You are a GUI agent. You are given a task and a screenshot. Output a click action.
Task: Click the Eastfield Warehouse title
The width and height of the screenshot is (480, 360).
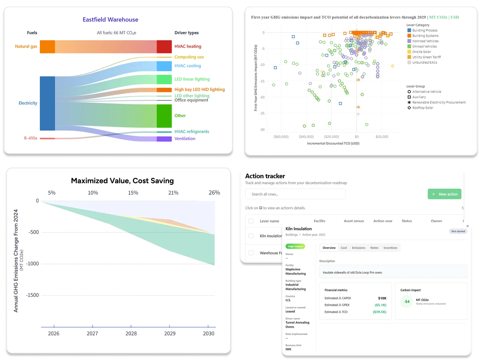[x=110, y=20]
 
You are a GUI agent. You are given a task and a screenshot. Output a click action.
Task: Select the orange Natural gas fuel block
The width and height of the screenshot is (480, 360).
[x=47, y=47]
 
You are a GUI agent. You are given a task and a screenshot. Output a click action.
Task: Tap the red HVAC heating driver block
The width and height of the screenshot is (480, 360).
[x=164, y=47]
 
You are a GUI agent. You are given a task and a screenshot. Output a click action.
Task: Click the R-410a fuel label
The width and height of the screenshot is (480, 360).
[x=31, y=138]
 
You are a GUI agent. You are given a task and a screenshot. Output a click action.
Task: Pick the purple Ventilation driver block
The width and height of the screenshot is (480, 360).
[x=164, y=139]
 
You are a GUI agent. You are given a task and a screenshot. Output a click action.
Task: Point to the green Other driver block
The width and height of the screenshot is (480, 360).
[x=164, y=116]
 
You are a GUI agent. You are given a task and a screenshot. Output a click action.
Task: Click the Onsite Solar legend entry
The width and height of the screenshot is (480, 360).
[x=421, y=52]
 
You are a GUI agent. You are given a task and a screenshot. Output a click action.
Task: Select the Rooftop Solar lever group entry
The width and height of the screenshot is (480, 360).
[x=422, y=108]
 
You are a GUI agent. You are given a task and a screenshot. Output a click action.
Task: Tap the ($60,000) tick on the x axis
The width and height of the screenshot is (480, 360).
[x=281, y=137]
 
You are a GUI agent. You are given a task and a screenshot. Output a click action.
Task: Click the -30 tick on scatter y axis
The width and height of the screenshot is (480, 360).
[x=262, y=130]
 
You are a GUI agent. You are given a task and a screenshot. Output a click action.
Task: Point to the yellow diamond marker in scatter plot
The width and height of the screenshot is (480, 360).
[x=393, y=66]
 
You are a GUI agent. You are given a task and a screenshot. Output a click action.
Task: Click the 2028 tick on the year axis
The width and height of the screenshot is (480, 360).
[x=131, y=333]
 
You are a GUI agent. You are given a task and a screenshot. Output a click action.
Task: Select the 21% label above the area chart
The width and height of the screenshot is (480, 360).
[x=173, y=193]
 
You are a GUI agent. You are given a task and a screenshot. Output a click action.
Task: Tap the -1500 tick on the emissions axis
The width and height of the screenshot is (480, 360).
[x=33, y=295]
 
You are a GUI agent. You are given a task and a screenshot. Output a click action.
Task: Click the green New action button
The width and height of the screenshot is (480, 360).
[x=445, y=194]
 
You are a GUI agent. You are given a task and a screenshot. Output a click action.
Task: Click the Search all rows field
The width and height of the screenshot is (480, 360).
[x=295, y=194]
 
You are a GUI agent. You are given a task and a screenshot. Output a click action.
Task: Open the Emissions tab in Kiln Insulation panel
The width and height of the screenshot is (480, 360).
[x=358, y=248]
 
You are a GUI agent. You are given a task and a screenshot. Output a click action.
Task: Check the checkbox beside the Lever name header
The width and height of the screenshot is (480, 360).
[x=251, y=221]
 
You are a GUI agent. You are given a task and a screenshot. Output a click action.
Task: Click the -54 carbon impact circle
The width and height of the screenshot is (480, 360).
[x=407, y=302]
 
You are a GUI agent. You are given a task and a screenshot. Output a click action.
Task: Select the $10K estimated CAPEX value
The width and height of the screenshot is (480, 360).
[x=382, y=298]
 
